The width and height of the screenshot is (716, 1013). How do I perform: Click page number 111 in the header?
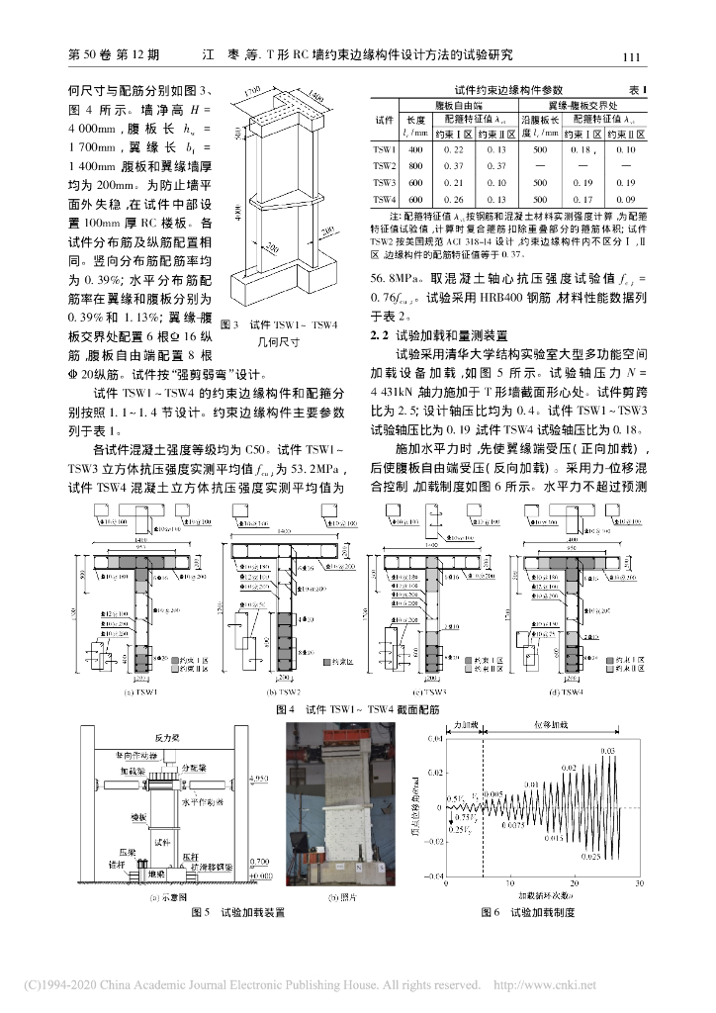[636, 57]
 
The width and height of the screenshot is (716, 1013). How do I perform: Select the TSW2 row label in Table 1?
[383, 166]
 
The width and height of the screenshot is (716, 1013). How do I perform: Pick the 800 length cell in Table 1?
[415, 166]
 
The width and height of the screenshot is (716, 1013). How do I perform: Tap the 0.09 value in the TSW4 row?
[624, 200]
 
